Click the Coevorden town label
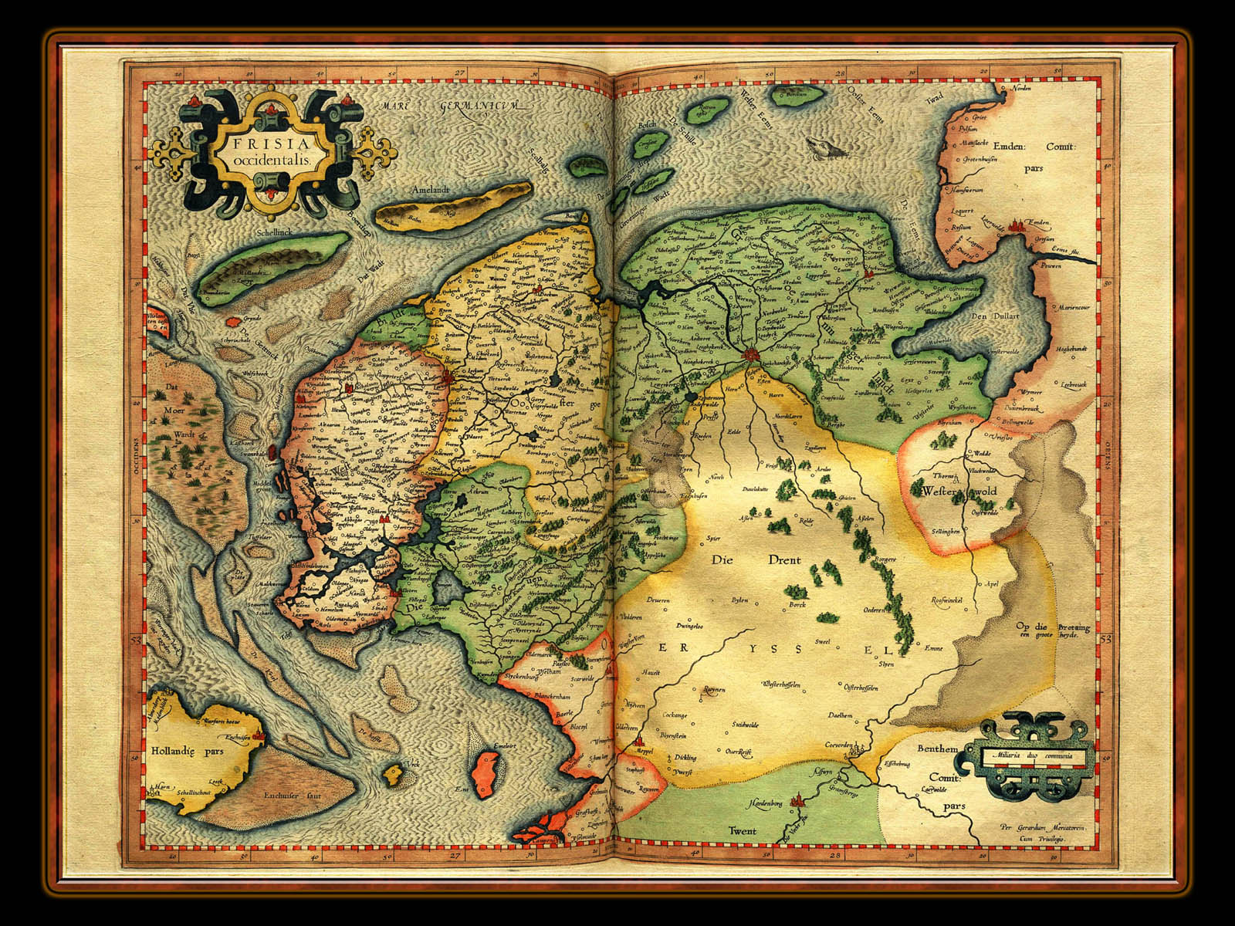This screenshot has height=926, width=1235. tap(841, 745)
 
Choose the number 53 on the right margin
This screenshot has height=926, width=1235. tap(1106, 639)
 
